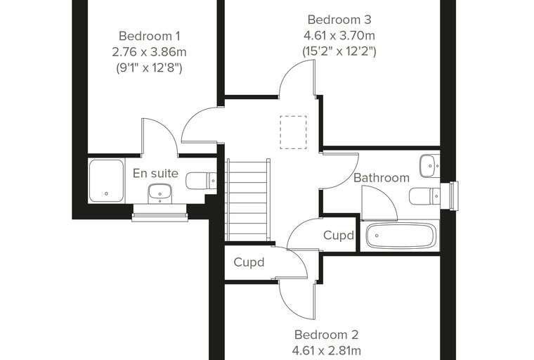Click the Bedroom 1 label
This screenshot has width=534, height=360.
tap(150, 36)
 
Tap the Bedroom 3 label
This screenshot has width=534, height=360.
tap(339, 20)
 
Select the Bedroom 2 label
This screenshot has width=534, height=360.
tap(326, 335)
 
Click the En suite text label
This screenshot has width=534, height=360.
tap(155, 173)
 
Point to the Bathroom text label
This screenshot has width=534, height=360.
tap(382, 178)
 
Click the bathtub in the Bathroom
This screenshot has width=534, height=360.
tap(400, 236)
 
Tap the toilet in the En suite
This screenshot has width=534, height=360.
tap(201, 181)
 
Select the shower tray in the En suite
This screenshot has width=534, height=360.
tap(106, 181)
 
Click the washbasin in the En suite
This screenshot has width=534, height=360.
tap(159, 193)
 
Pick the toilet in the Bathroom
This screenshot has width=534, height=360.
tap(424, 196)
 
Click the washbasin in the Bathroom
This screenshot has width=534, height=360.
tap(430, 166)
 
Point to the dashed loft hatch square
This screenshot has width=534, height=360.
tap(293, 132)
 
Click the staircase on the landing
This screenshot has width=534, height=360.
tap(248, 200)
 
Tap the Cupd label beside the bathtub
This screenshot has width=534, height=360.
tap(339, 236)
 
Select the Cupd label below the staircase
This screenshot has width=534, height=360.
tap(249, 262)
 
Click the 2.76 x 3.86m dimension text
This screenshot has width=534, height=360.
tap(149, 52)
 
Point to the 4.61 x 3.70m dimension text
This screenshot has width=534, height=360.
tap(339, 35)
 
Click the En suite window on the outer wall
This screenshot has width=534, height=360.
tap(159, 213)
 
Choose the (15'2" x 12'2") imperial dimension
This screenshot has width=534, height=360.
tap(339, 51)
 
